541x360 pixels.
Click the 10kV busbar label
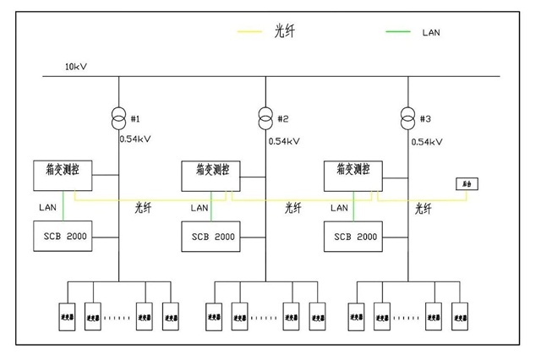click(x=77, y=66)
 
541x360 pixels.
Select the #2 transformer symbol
click(x=265, y=116)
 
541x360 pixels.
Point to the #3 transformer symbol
click(x=408, y=117)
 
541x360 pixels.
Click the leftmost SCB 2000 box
click(x=63, y=236)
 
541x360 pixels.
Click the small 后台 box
click(x=465, y=183)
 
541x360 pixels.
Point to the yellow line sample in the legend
click(x=249, y=33)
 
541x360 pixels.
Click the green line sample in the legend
click(x=398, y=33)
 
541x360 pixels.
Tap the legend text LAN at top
click(x=431, y=33)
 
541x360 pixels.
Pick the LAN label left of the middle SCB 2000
click(x=199, y=207)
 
